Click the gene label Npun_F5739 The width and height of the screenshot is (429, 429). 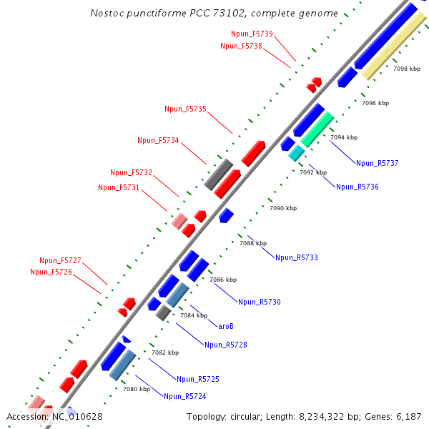tap(252, 34)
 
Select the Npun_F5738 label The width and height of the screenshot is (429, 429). tap(241, 46)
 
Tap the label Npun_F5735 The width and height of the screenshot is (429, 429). tap(185, 109)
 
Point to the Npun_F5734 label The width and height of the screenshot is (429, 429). tap(158, 140)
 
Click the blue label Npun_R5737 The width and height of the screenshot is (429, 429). tap(377, 163)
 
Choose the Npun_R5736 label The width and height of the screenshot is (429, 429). tap(357, 187)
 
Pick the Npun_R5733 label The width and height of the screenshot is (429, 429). tap(296, 257)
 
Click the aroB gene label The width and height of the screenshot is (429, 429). tap(226, 326)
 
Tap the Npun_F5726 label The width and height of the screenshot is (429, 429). tap(51, 272)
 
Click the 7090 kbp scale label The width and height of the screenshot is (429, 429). tap(282, 208)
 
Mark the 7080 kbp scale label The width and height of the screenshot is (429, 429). tap(136, 390)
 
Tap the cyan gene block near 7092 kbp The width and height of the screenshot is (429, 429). tap(296, 152)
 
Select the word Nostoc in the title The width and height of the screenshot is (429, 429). tap(107, 13)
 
